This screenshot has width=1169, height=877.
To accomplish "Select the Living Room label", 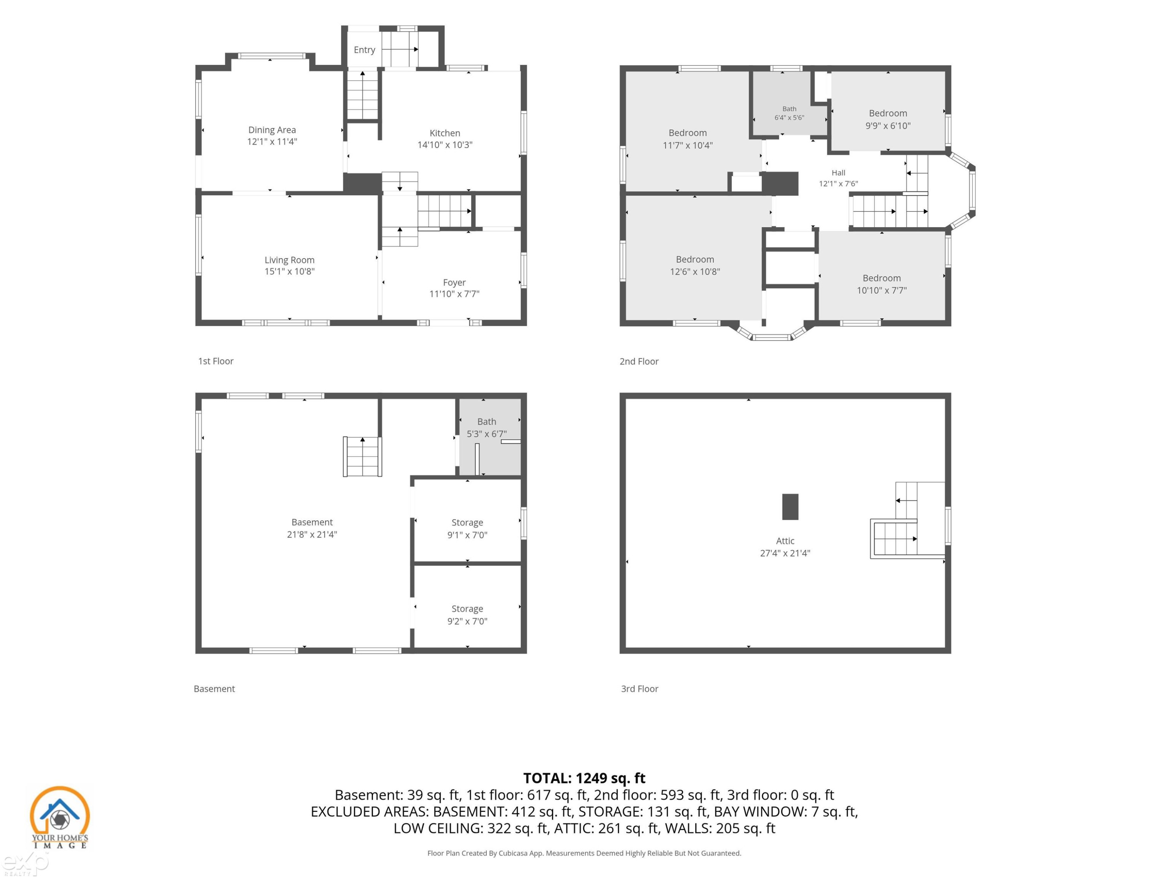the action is click(289, 260).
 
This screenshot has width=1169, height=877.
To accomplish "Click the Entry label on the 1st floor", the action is click(364, 50).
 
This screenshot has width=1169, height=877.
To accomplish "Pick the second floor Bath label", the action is click(789, 109).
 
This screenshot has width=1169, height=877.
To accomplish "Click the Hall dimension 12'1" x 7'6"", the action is click(838, 184).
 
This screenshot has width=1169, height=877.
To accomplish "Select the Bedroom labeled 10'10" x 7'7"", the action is click(881, 278).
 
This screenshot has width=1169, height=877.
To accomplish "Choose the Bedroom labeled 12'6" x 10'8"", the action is click(694, 260).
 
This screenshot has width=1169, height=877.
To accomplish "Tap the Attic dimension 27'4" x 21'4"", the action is click(785, 553).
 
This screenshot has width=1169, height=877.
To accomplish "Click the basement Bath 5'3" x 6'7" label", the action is click(486, 428).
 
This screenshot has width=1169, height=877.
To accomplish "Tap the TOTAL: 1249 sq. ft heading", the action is click(584, 778).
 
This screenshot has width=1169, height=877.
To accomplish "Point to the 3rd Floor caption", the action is click(639, 689).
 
